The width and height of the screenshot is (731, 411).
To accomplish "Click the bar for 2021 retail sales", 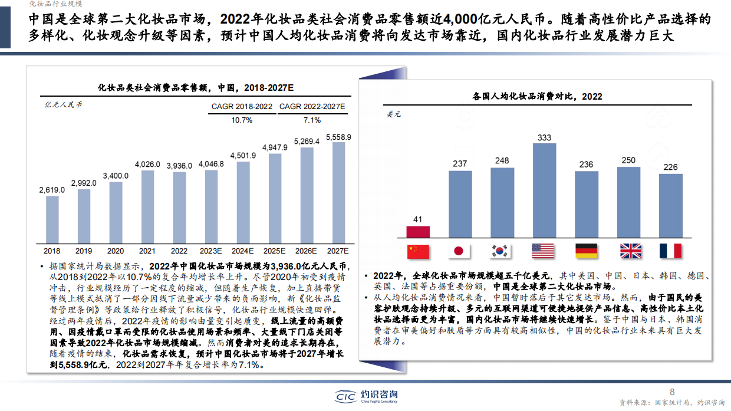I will pyautogui.click(x=148, y=206).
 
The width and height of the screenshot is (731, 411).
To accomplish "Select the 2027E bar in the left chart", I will pyautogui.click(x=339, y=192).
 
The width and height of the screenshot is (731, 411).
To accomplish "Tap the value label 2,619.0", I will pyautogui.click(x=52, y=190).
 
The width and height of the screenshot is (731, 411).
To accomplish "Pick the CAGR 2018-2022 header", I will pyautogui.click(x=242, y=107).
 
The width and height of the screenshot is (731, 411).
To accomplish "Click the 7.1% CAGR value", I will pyautogui.click(x=312, y=120).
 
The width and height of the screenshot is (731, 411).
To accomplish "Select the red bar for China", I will pyautogui.click(x=418, y=232).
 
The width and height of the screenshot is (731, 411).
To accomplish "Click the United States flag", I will pyautogui.click(x=543, y=251).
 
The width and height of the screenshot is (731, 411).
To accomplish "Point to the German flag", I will pyautogui.click(x=587, y=251).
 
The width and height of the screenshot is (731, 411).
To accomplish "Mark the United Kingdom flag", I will pyautogui.click(x=630, y=251).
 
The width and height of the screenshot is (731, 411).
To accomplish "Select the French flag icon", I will pyautogui.click(x=670, y=251).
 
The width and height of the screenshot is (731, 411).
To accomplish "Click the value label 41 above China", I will pyautogui.click(x=418, y=220).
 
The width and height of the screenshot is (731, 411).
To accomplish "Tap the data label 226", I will pyautogui.click(x=671, y=167).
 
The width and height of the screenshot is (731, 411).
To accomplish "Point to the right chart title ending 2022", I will pyautogui.click(x=537, y=96).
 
